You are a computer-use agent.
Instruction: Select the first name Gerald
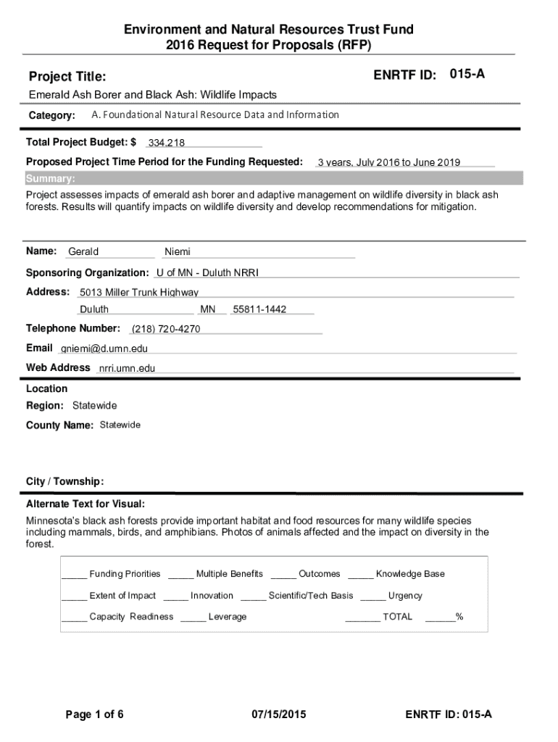(x=83, y=252)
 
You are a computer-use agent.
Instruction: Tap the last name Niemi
(x=178, y=252)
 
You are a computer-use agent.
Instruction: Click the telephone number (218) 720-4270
(x=166, y=329)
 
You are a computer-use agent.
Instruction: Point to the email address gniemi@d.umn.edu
(x=104, y=349)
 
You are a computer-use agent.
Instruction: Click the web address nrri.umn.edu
(x=128, y=368)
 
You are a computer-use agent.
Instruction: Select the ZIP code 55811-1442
(x=259, y=309)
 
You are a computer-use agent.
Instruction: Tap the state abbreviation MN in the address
(x=208, y=309)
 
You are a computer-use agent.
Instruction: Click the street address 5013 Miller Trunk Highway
(x=139, y=293)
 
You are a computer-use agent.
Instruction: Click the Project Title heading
(x=67, y=77)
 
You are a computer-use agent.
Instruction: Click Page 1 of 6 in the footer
(x=95, y=715)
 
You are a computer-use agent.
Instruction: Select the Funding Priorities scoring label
(x=125, y=574)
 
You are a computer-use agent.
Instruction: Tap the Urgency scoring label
(x=405, y=596)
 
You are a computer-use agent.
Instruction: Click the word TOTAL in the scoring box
(x=397, y=617)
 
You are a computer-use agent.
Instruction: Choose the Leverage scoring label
(x=228, y=617)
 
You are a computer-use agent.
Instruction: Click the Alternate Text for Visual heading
(x=86, y=504)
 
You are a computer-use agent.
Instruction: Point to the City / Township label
(x=65, y=482)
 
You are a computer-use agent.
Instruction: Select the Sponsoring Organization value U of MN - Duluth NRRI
(x=207, y=273)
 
